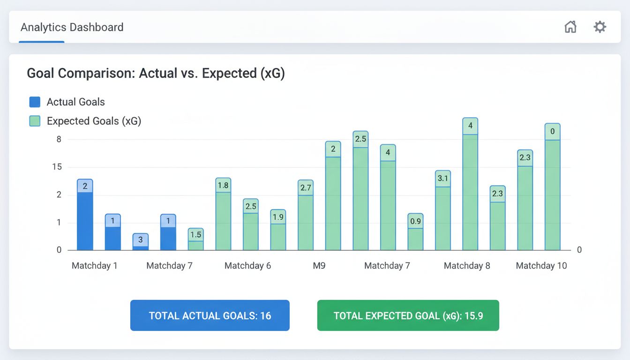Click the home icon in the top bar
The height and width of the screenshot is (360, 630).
tap(570, 27)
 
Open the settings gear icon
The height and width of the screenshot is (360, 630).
tap(600, 27)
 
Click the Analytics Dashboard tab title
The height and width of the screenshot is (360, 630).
tap(72, 27)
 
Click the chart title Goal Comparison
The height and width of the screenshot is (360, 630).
tap(156, 74)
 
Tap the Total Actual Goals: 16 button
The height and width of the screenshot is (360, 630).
tap(210, 315)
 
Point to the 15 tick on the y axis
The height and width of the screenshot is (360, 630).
tap(59, 167)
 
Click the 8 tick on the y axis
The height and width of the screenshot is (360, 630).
tap(59, 139)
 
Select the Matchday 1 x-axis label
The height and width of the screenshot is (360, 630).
tap(94, 266)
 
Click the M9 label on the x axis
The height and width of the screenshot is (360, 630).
tap(319, 266)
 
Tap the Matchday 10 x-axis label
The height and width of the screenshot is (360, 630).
tap(541, 266)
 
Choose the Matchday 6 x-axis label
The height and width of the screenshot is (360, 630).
tap(247, 266)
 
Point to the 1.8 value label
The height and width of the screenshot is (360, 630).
tap(223, 186)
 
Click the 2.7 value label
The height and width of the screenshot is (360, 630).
tap(306, 187)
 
